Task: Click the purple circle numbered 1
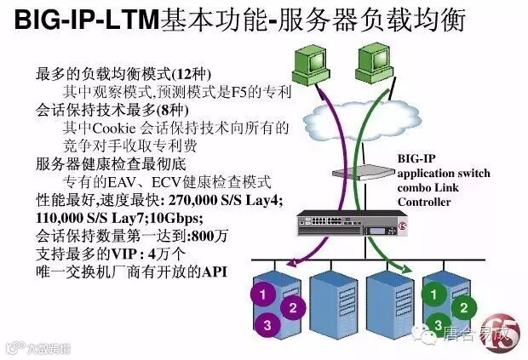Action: tap(265, 294)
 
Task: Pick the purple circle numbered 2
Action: tap(291, 307)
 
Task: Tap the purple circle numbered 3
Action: tap(267, 324)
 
